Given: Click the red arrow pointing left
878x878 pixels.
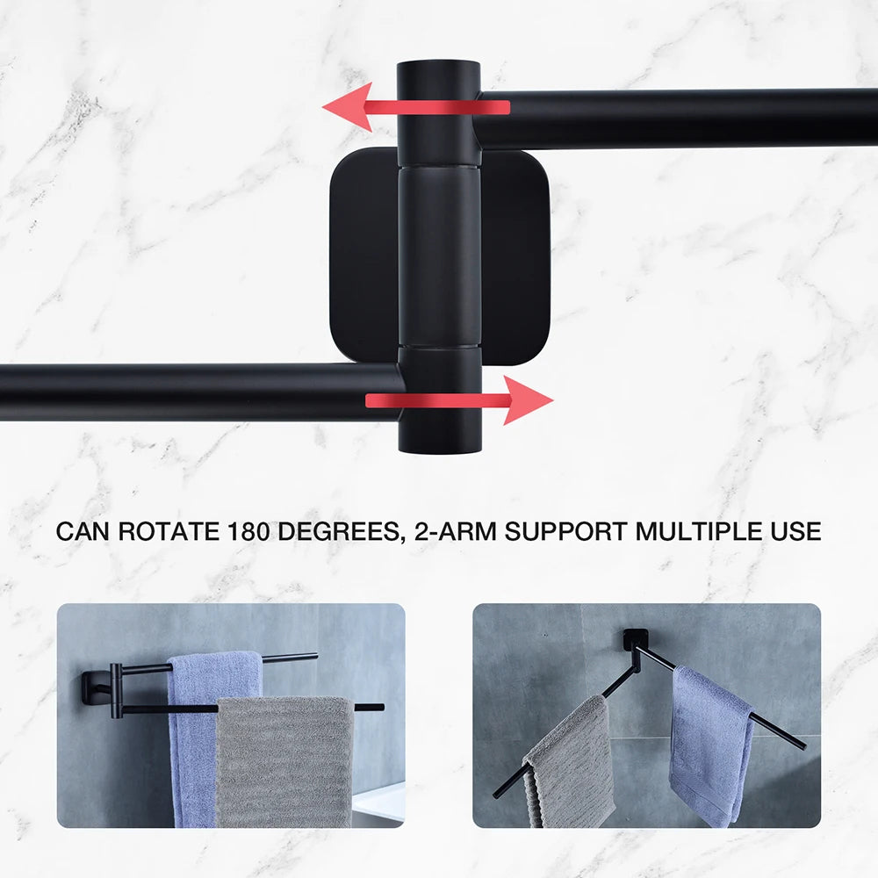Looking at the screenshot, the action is coord(415,107).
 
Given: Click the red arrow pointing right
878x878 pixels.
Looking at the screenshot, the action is coord(459,400).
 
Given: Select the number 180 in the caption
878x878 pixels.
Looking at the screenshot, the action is coord(248,531).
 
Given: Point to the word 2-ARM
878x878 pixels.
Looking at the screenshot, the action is coord(455,531).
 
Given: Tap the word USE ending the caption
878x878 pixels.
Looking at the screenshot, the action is coord(795,531).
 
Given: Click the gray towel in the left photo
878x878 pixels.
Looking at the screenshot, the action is coord(284,761).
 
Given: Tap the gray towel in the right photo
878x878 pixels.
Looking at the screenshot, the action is coord(568,761).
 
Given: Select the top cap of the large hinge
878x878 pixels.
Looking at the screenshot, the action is coord(438,112).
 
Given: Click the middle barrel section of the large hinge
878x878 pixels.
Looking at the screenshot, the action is coord(439,256).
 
